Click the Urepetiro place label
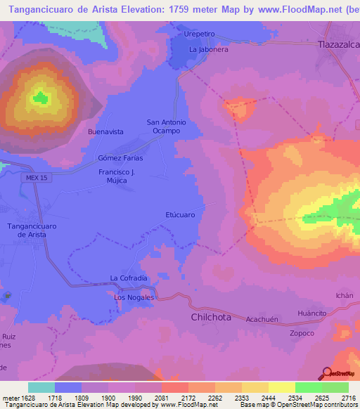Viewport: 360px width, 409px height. tap(200, 34)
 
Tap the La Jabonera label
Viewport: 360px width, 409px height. tap(209, 50)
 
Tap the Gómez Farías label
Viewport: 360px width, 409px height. tap(125, 157)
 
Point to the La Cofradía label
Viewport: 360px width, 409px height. tap(129, 278)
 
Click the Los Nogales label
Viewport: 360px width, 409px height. tap(134, 298)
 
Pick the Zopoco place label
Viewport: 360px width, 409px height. tap(302, 332)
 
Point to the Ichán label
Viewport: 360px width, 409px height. tap(345, 296)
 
